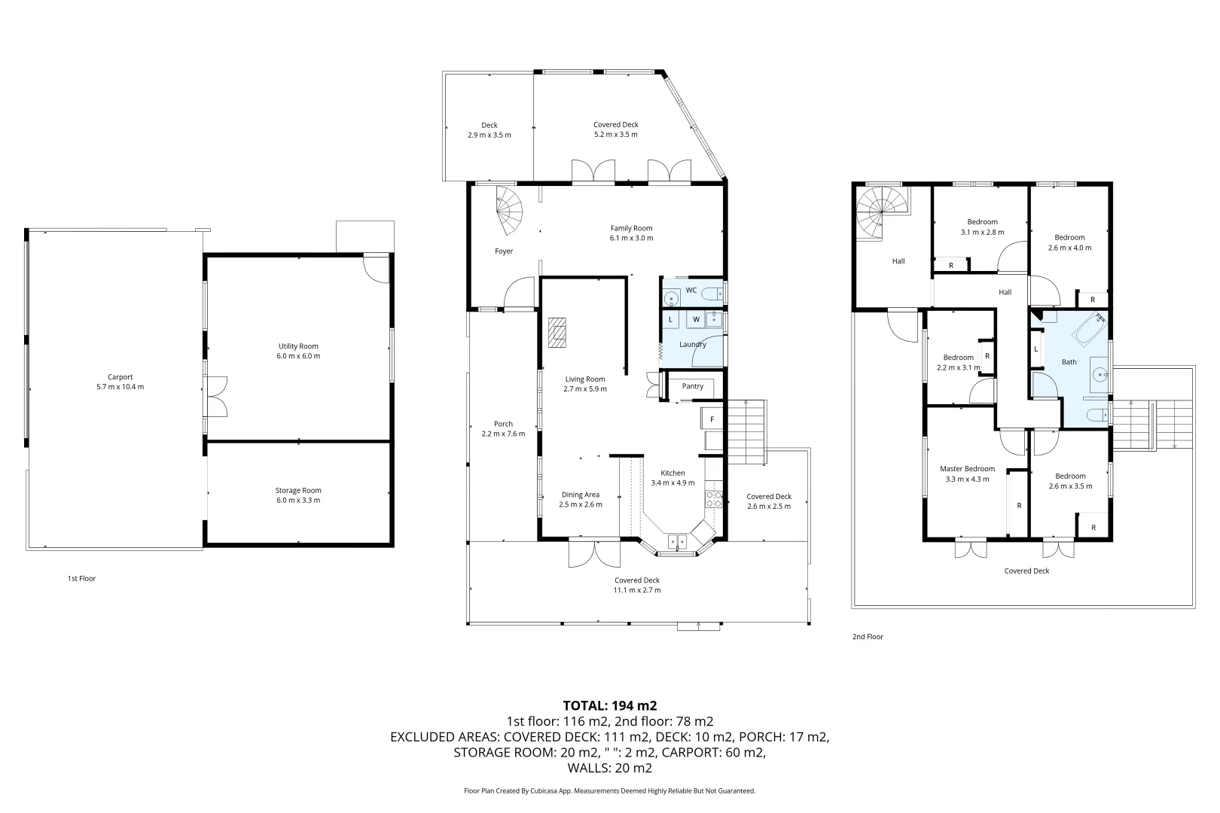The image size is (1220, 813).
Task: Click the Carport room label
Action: point(120,377)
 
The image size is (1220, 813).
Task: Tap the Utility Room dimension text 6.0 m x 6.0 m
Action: point(298,356)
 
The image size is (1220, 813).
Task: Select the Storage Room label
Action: point(298,491)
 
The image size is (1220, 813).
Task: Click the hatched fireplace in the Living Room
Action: point(558,332)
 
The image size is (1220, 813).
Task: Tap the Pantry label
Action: point(692,386)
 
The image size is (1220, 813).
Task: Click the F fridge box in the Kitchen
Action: point(712,419)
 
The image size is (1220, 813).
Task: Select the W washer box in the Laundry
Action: point(696,320)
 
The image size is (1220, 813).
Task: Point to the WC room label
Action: point(691,290)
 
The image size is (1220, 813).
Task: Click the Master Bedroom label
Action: point(967,469)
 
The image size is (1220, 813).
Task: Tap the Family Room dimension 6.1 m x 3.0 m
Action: point(631,238)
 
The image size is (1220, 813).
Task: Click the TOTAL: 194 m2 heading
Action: point(610,705)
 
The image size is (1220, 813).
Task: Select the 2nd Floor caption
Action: point(868,637)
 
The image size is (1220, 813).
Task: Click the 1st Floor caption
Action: point(81,579)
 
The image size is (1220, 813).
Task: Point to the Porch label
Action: point(503,424)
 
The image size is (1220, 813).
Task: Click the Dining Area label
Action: point(580,495)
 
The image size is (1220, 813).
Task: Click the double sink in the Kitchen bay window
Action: point(677,540)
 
